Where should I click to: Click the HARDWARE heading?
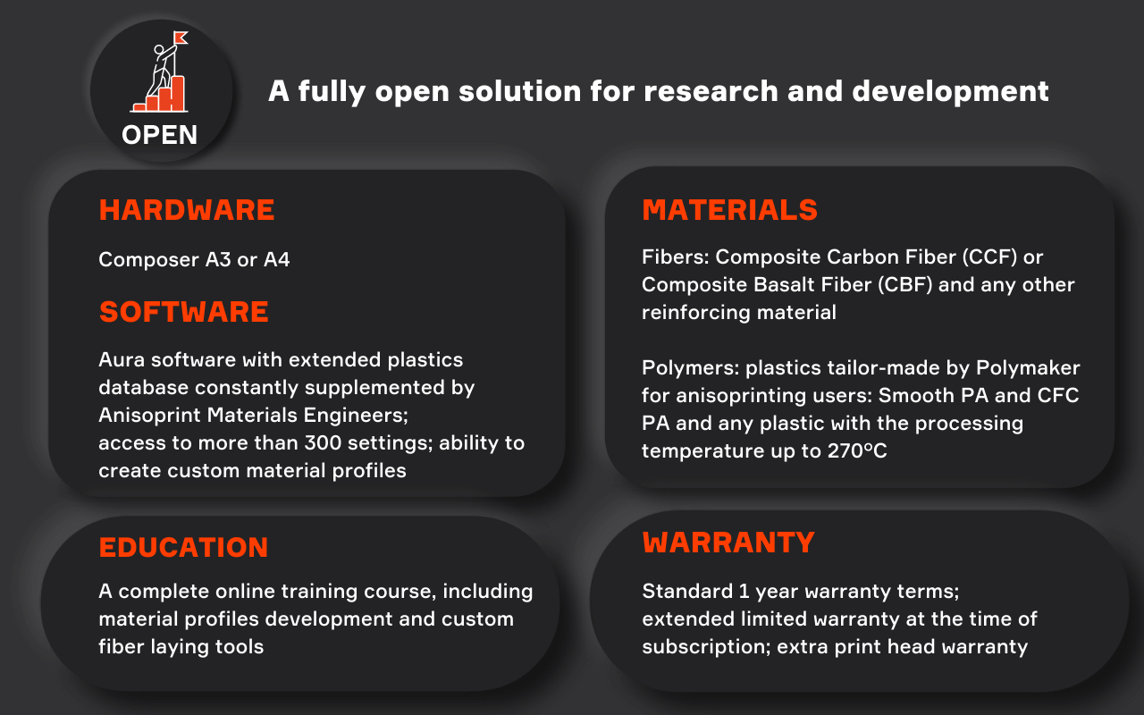187,210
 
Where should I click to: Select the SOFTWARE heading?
184,312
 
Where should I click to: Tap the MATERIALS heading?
730,210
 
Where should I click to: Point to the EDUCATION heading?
183,547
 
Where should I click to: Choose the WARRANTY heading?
728,543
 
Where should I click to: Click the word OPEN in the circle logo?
159,135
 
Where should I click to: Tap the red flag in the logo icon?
181,38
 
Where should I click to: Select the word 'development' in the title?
950,92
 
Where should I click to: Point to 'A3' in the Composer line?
218,259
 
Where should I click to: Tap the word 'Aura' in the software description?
122,359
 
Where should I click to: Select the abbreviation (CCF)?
990,257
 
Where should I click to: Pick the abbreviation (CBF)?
905,285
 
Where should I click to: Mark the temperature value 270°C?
857,451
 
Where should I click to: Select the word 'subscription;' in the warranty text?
706,648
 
